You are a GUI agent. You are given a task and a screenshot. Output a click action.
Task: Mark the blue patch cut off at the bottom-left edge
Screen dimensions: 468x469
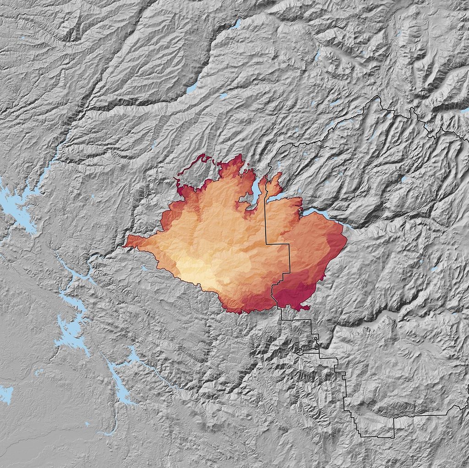tap(5, 394)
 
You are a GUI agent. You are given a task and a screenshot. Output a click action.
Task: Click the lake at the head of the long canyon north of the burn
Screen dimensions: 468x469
tap(192, 88)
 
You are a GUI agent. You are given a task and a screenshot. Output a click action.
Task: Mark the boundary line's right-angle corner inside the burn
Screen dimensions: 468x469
tap(289, 245)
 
